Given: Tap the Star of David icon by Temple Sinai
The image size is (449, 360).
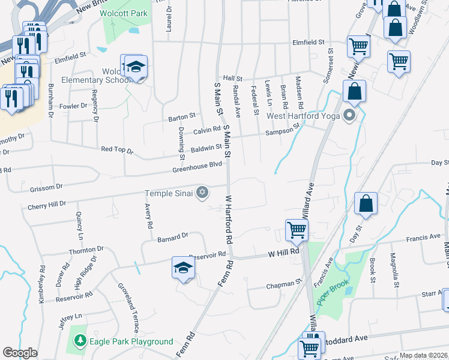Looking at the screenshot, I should point(203,193).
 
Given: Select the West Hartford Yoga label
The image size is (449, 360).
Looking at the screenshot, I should point(303,116).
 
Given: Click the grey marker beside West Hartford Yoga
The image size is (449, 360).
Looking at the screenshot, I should point(349,116).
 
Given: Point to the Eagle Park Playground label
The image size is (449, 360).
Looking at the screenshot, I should point(131,341).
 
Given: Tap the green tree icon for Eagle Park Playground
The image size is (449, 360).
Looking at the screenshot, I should point(79,341).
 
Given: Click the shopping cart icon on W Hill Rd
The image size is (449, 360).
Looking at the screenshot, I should point(297,229).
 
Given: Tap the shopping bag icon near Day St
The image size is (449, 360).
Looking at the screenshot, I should point(366,205).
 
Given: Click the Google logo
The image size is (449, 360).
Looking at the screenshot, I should point(20,353).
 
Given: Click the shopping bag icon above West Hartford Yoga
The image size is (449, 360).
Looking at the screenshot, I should point(355,91).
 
